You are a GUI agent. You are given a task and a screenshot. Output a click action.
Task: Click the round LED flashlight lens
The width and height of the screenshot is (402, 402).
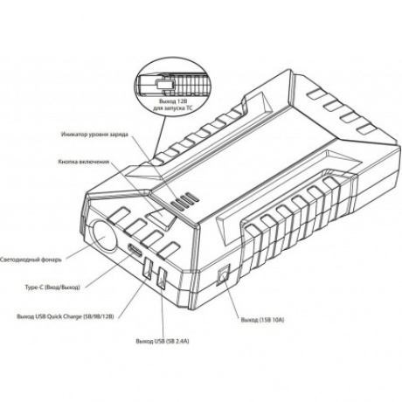coord(104,236)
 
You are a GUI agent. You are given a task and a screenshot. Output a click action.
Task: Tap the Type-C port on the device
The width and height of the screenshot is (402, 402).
coord(135,249)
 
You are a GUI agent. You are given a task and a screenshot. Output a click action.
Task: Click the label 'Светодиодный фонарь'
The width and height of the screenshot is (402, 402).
coord(31,260)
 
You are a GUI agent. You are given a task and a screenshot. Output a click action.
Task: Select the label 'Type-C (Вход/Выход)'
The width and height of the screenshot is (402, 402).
coord(52,288)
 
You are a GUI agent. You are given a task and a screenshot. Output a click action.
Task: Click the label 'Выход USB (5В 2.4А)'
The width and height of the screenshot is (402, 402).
coord(163,341)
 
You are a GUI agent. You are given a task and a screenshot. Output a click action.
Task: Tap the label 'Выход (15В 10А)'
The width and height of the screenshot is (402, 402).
coord(262,320)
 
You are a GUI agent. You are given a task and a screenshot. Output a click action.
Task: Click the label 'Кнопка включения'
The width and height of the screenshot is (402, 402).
coord(84,162)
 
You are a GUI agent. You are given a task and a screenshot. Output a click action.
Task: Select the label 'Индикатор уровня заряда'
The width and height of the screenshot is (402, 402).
coord(94,135)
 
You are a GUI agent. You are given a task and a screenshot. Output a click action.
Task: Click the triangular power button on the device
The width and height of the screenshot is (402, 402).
coord(161,216)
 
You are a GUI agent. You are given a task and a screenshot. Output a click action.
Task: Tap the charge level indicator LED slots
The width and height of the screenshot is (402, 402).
coord(184,201)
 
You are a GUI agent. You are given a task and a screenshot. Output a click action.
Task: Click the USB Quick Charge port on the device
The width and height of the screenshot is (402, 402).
coord(148,267)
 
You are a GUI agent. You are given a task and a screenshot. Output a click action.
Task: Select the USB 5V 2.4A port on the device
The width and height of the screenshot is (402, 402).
coord(161,279)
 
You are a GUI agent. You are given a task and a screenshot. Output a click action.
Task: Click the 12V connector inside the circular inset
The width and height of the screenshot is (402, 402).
coord(164,85)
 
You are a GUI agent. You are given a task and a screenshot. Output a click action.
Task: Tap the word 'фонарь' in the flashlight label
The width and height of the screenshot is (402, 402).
coord(52,260)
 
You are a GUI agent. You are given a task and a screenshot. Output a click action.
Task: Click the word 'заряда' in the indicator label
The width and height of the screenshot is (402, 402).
coord(118,135)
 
